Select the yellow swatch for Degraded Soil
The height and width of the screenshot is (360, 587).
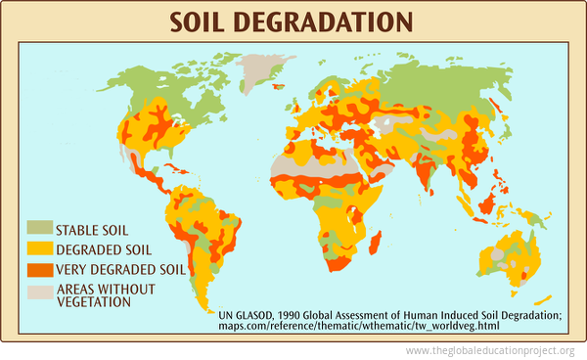38,249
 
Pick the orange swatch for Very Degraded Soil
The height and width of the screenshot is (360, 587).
38,269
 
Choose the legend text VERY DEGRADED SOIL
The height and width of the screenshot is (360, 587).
120,269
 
